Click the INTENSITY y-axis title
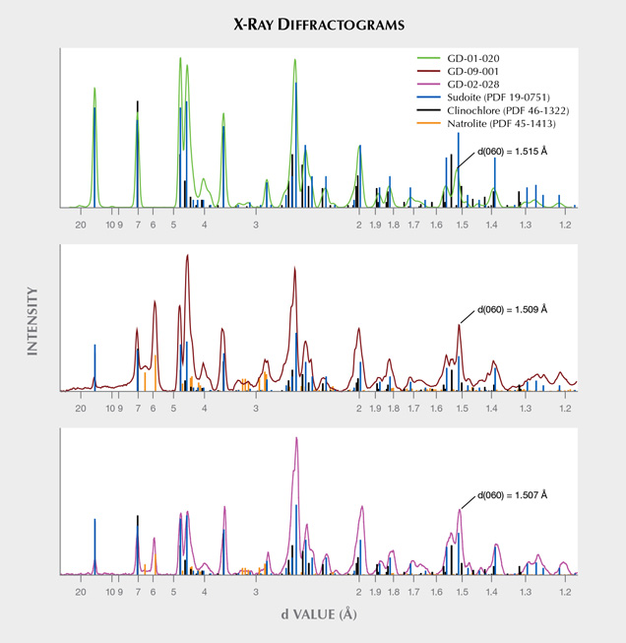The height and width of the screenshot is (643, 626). pos(32,321)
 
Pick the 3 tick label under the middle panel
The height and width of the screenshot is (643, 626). pos(255,409)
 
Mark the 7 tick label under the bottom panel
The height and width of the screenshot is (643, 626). pos(137,594)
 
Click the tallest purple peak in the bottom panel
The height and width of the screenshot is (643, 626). pos(296,439)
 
